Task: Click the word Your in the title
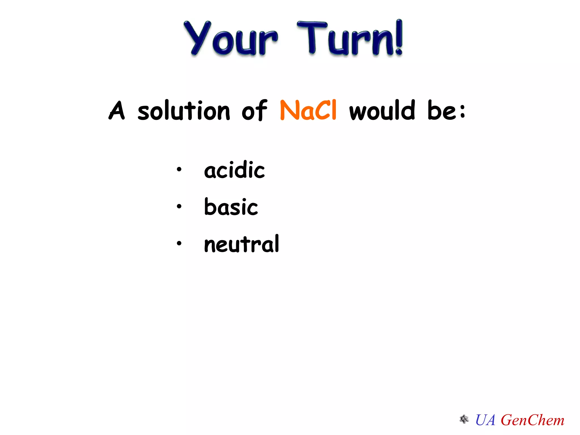tap(231, 38)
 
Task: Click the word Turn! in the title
tap(350, 38)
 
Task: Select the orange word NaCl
tap(308, 110)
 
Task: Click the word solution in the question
tap(184, 110)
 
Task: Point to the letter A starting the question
tap(117, 110)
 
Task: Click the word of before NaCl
tap(254, 110)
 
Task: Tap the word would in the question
tap(382, 110)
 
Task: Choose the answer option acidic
tap(234, 170)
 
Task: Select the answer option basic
tap(231, 207)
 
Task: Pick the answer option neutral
tap(242, 244)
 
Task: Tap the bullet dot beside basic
tap(179, 206)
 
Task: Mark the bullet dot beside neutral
tap(179, 243)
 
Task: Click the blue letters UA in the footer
tap(485, 420)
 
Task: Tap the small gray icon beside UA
tap(464, 419)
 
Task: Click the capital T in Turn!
tap(312, 37)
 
